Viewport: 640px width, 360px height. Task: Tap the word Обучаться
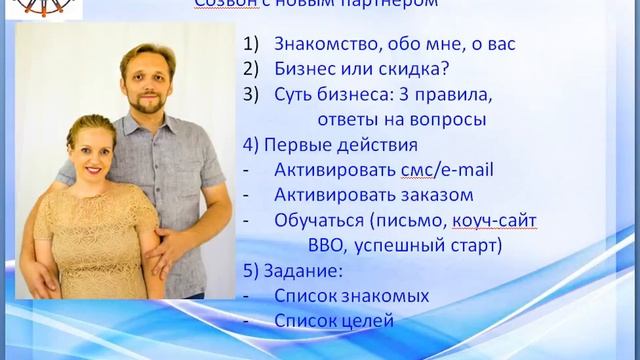pos(322,220)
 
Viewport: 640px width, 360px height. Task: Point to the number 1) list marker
pos(250,45)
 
